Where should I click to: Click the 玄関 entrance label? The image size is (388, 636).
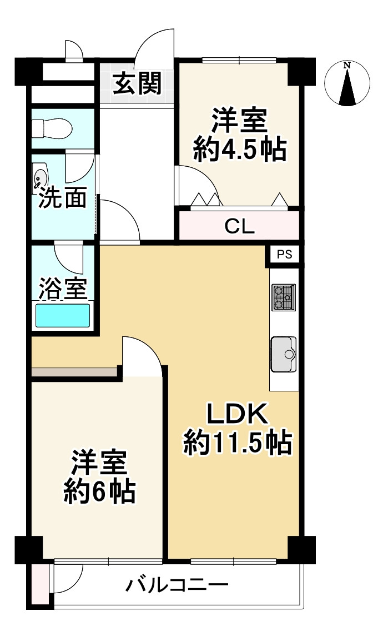(137, 84)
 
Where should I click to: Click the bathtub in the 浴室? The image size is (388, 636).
(62, 315)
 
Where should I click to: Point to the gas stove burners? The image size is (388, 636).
(283, 297)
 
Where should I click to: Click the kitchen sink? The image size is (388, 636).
(283, 354)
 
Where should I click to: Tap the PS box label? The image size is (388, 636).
(285, 255)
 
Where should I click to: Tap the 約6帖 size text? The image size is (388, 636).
(100, 491)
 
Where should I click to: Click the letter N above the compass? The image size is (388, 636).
(347, 66)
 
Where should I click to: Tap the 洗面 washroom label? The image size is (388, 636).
(62, 199)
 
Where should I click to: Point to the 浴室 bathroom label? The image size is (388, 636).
(62, 289)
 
